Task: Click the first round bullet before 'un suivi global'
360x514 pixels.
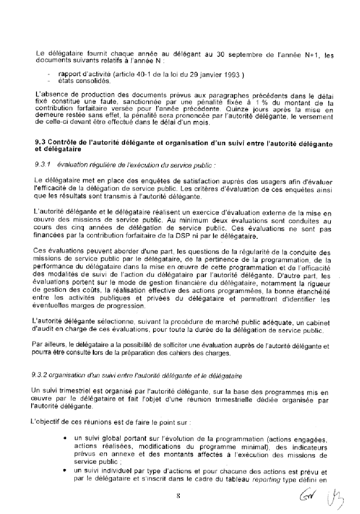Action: click(65, 439)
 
